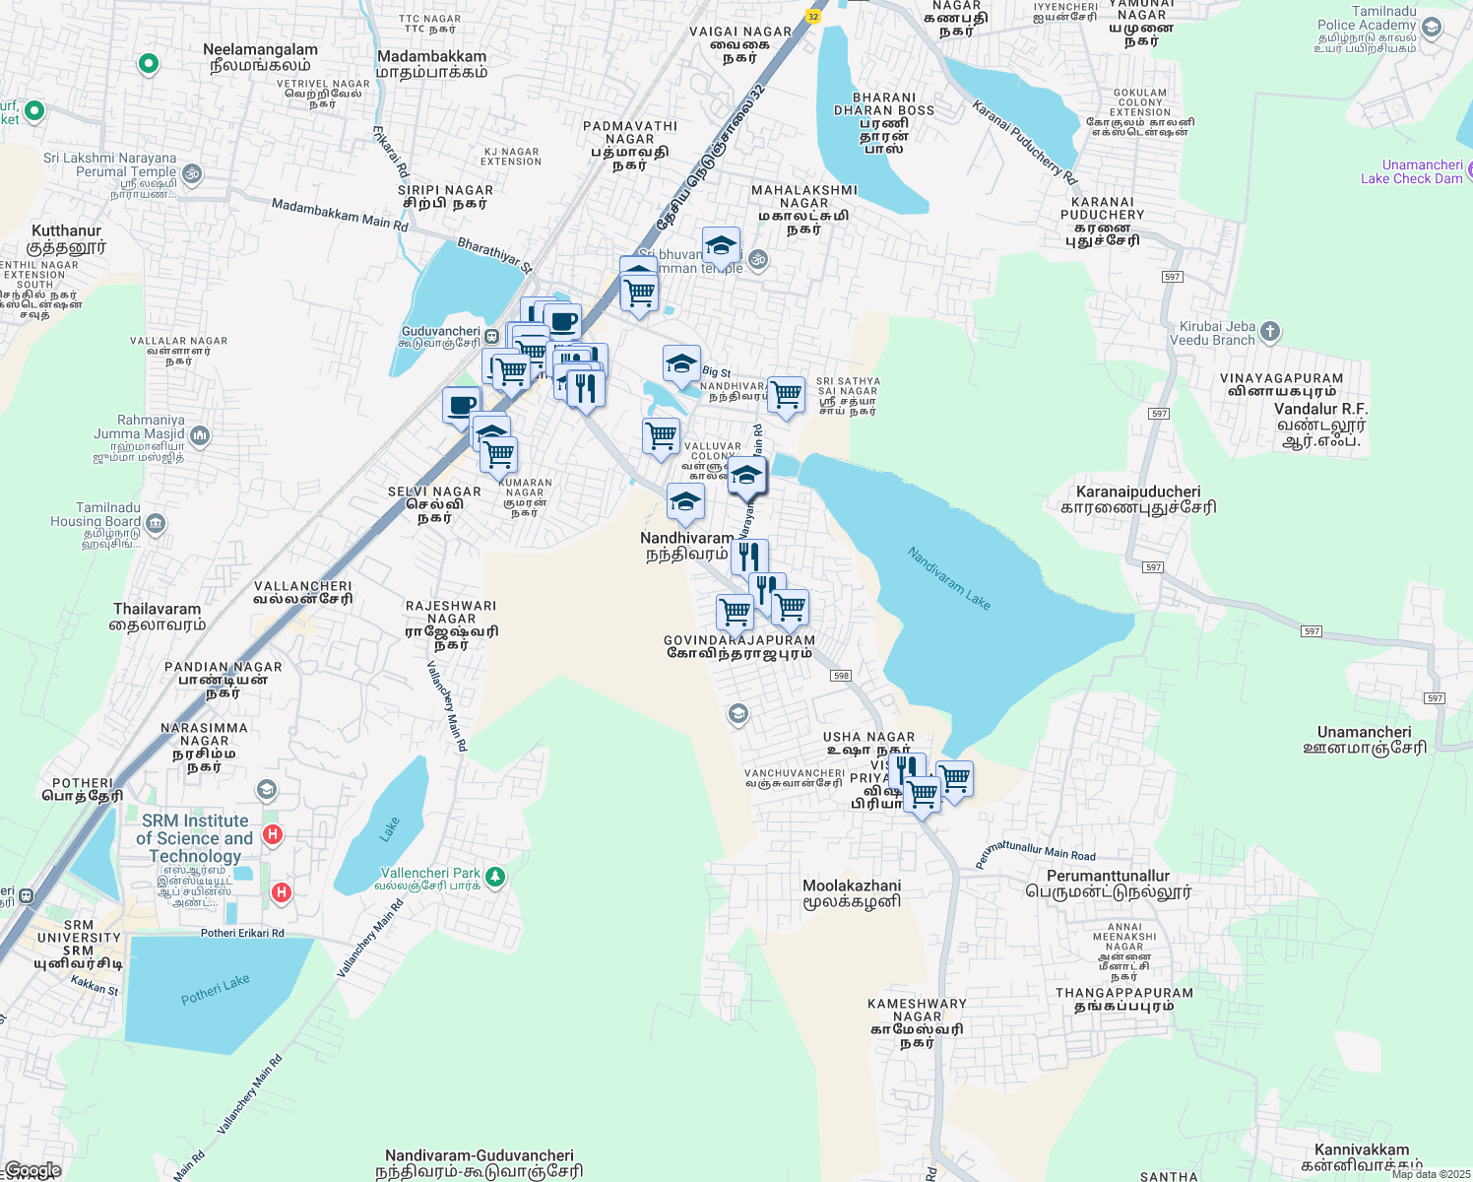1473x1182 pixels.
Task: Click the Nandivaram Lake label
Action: tap(948, 578)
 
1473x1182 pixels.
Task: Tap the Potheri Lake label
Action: tap(216, 990)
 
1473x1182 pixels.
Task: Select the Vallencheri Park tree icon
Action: tap(496, 876)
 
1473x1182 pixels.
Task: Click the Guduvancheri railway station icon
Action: tap(492, 336)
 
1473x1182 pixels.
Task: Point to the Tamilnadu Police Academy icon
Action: tap(1432, 27)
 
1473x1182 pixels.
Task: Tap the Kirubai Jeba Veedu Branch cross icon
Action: tap(1270, 332)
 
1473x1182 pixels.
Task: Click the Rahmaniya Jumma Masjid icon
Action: tap(200, 434)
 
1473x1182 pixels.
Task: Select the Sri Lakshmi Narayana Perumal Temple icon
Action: tap(192, 173)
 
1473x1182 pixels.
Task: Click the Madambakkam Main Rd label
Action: tap(339, 215)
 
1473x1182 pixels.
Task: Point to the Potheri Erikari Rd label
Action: tap(242, 933)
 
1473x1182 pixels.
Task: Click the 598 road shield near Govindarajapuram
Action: tap(840, 676)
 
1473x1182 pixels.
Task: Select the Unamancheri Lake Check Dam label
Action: tap(1411, 171)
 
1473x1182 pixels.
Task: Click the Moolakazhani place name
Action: tap(852, 886)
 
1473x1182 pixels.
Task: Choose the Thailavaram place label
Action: tap(157, 610)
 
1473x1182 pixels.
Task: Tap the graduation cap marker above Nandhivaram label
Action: tap(685, 502)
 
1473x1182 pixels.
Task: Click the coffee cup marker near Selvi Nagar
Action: tap(461, 405)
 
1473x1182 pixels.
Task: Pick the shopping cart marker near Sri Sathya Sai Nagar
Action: tap(786, 395)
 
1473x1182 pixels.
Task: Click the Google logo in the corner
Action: tap(32, 1170)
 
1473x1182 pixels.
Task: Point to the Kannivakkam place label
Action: tap(1362, 1150)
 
